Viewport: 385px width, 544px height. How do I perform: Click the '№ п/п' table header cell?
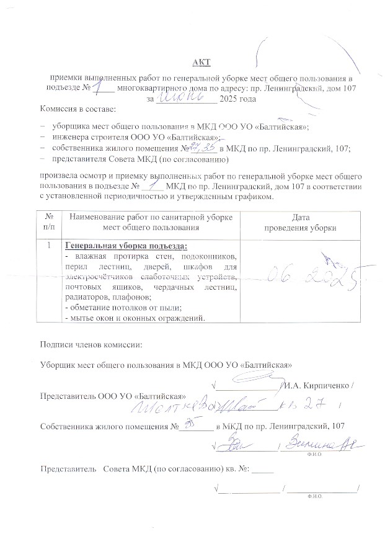point(48,223)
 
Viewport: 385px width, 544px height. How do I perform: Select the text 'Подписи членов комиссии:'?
point(91,344)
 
